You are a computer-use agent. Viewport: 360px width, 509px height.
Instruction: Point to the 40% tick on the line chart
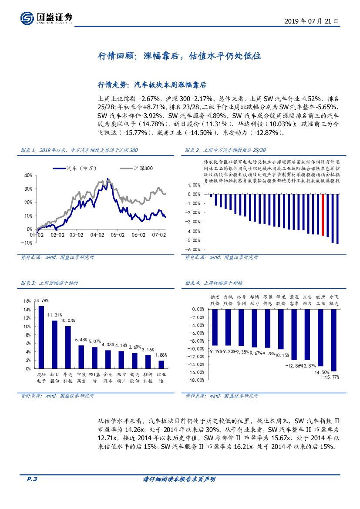point(27,175)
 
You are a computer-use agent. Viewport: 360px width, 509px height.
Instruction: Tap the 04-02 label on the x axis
point(97,235)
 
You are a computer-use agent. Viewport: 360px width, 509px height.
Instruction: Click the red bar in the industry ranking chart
point(323,215)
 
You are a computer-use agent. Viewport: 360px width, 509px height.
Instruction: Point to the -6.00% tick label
point(193,249)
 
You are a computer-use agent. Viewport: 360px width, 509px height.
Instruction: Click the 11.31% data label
point(54,315)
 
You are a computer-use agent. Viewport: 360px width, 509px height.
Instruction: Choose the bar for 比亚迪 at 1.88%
point(161,364)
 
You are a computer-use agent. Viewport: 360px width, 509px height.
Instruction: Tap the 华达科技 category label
point(68,378)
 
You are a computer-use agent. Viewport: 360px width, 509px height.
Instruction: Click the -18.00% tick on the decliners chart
point(195,380)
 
